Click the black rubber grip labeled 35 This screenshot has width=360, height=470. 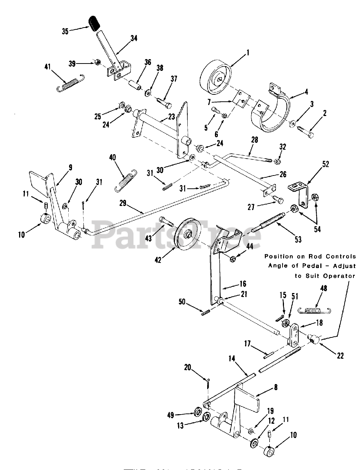[95, 23]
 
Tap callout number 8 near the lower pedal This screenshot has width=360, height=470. [276, 387]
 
